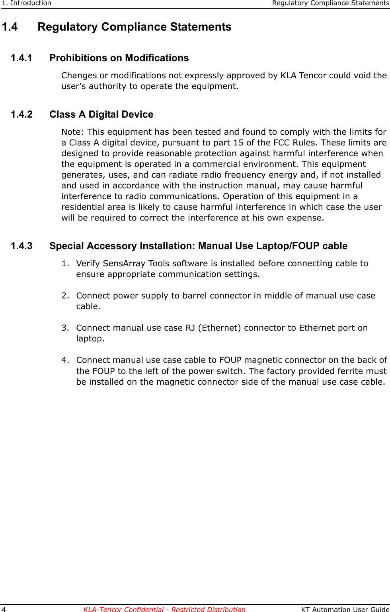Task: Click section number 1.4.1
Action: coord(21,58)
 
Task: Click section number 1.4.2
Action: coord(21,114)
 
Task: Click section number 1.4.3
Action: coord(21,246)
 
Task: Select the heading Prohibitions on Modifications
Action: coord(119,58)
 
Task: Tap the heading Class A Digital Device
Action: coord(101,114)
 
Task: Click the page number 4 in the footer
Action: coord(4,609)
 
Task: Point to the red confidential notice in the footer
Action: coord(164,609)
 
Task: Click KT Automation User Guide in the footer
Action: coord(345,609)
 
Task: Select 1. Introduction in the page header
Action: coord(27,3)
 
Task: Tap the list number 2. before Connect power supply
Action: coord(65,296)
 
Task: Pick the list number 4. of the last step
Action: coord(65,360)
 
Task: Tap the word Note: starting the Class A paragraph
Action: coord(73,132)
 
